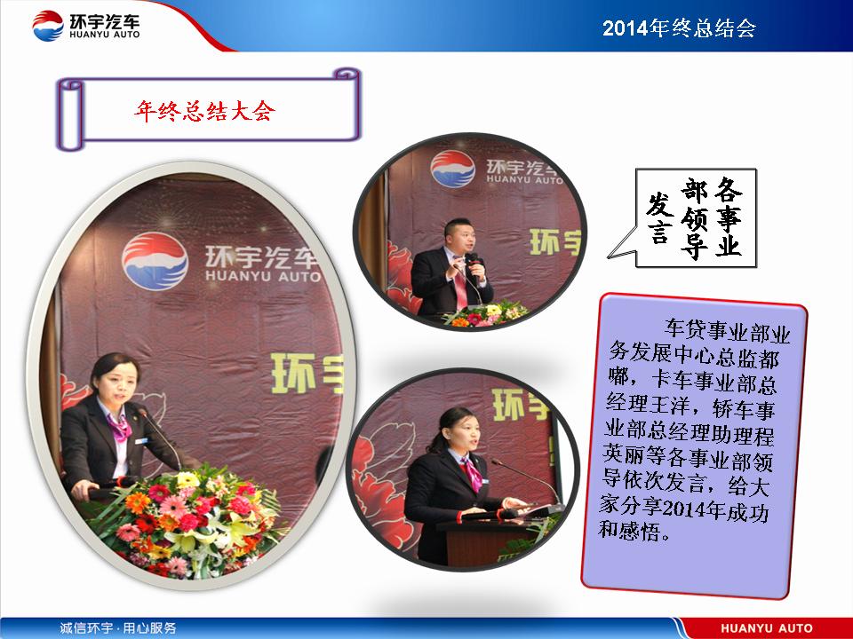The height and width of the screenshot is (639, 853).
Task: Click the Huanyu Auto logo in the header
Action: (x=86, y=25)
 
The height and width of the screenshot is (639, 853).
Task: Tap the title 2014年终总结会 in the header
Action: (x=679, y=28)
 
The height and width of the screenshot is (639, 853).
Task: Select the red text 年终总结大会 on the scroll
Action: (x=204, y=112)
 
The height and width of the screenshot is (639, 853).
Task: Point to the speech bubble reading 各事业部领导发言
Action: (x=696, y=218)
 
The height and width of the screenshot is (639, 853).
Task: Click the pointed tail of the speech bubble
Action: (x=610, y=256)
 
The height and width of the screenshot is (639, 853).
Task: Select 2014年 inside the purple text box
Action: (x=694, y=509)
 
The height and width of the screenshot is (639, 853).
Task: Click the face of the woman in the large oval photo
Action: (x=116, y=384)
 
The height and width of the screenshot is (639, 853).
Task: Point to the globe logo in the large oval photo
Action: (x=155, y=260)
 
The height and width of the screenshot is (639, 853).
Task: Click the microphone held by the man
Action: (x=474, y=265)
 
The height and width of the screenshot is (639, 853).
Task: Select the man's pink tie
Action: (x=460, y=285)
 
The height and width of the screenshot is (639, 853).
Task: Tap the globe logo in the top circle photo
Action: (x=452, y=169)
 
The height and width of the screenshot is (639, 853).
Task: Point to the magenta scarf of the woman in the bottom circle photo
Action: (x=471, y=472)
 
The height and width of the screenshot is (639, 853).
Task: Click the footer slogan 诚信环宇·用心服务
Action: (x=118, y=628)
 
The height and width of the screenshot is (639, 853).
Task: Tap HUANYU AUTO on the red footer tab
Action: (x=767, y=628)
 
